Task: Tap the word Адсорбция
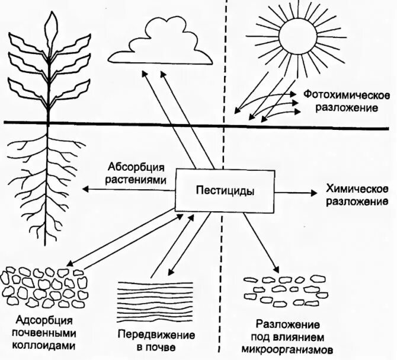click(42, 320)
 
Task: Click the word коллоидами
click(42, 344)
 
